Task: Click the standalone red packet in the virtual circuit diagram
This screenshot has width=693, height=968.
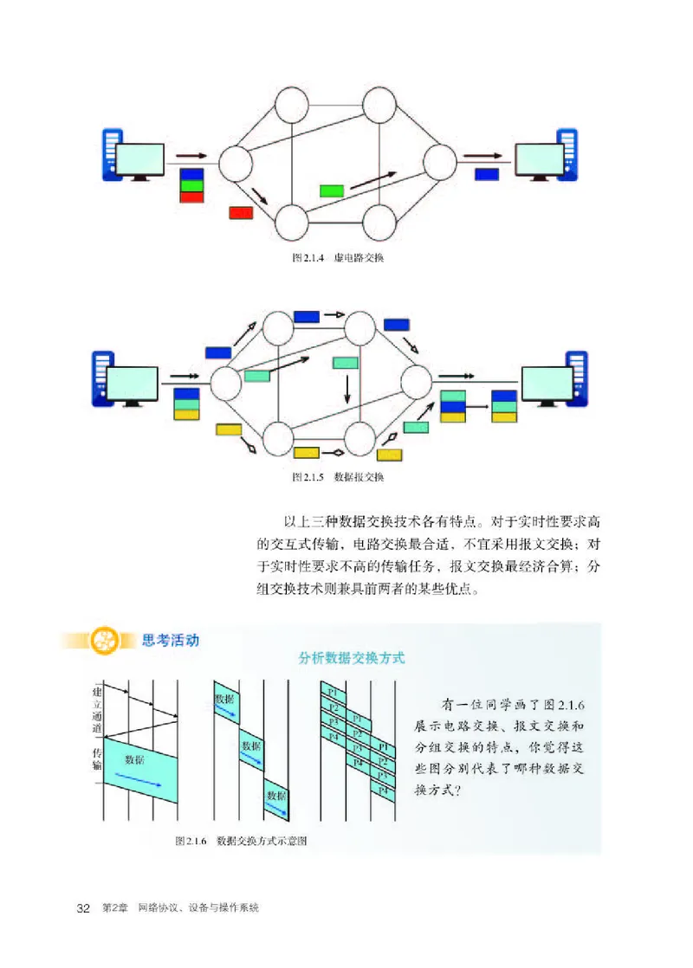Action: click(241, 212)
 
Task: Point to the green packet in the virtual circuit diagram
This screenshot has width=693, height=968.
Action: click(332, 190)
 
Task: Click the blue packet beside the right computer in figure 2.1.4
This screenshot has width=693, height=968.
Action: click(487, 174)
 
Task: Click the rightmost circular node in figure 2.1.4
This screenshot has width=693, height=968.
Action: click(439, 161)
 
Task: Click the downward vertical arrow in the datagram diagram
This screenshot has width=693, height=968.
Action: click(347, 388)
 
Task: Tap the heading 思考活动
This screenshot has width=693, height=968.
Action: click(170, 641)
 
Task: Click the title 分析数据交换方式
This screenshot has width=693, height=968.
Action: click(351, 658)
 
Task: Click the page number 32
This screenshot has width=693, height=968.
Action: click(84, 908)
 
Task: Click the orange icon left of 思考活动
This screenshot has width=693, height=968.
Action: click(108, 642)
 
